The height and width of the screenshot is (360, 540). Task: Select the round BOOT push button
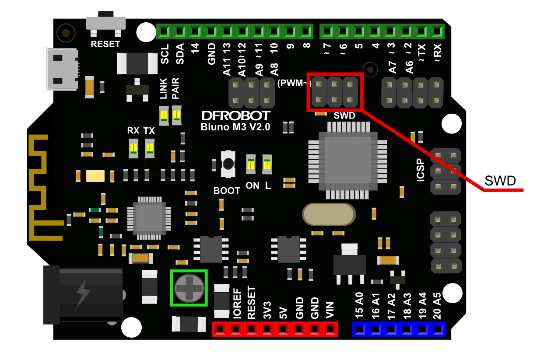click(228, 164)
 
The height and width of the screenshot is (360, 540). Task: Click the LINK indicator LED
click(164, 115)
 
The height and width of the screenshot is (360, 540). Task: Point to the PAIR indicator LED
click(176, 115)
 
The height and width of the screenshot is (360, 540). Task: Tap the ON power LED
click(251, 164)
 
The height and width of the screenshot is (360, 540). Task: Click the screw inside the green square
click(188, 287)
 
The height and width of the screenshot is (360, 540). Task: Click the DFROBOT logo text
click(236, 116)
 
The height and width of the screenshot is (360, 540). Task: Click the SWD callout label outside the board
click(500, 181)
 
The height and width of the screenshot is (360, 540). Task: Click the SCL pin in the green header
click(164, 31)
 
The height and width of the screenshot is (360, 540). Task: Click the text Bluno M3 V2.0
click(235, 127)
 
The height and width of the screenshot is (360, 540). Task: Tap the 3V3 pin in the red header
click(267, 329)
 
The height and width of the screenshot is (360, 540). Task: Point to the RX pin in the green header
click(437, 31)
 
